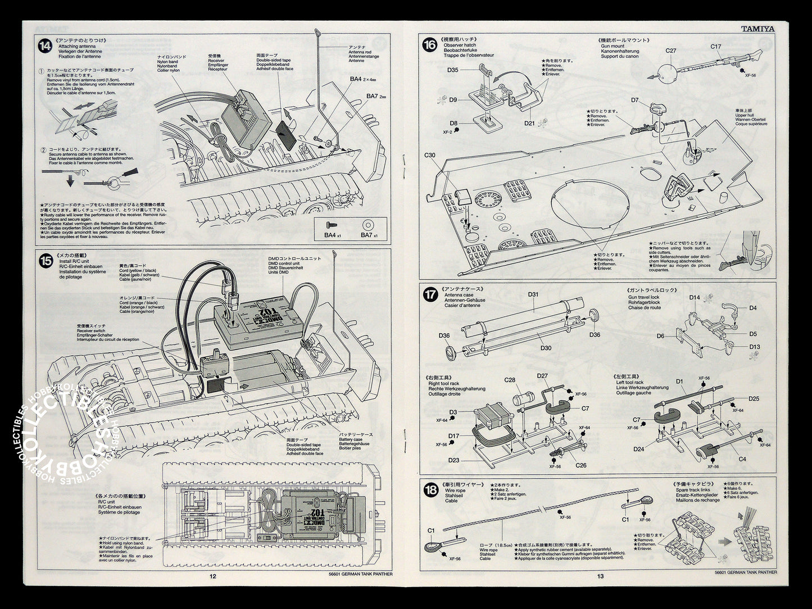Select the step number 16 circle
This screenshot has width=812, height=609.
(x=430, y=46)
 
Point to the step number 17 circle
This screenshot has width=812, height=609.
(x=430, y=293)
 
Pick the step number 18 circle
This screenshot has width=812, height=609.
(x=430, y=490)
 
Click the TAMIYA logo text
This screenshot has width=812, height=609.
(x=757, y=29)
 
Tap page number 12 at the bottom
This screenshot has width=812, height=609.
(x=212, y=575)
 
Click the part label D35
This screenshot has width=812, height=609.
(x=453, y=70)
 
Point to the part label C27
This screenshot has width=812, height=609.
(x=671, y=51)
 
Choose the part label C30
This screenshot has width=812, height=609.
(x=430, y=155)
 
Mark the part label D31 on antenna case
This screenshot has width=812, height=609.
(x=533, y=294)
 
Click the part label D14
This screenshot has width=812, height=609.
(x=695, y=298)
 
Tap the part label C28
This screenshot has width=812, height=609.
(x=509, y=380)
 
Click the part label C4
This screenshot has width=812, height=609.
(x=742, y=459)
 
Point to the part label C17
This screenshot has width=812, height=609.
(x=715, y=47)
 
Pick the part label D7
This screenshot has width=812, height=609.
(x=634, y=101)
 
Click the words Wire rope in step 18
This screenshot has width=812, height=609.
(x=454, y=490)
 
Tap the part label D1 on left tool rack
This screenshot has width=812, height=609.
(x=679, y=382)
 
